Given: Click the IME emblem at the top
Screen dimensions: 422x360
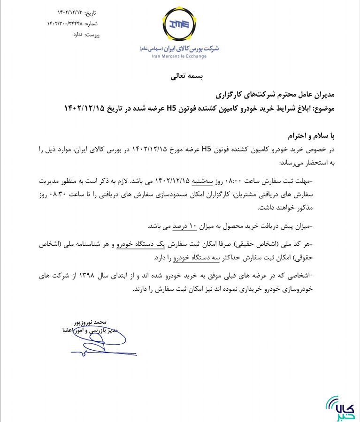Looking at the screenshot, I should (x=180, y=24).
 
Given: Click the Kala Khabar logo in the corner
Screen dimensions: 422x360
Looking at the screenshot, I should (x=340, y=407).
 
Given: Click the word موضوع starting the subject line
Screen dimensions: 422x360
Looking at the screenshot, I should (x=322, y=109).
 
